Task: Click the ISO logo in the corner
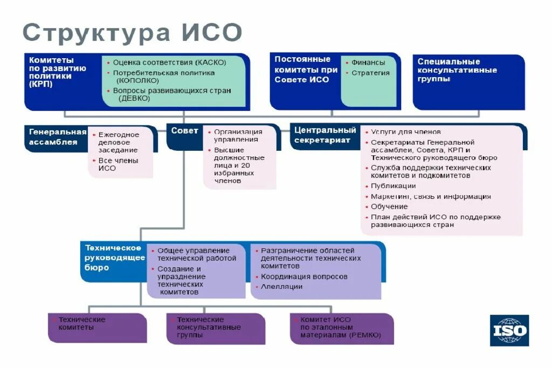[x=509, y=330]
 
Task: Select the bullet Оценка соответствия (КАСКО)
[x=169, y=63]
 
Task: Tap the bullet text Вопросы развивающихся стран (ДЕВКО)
[x=171, y=94]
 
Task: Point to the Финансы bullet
[x=368, y=63]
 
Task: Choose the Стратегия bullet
[x=370, y=73]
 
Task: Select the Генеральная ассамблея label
[x=57, y=137]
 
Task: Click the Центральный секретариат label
[x=325, y=135]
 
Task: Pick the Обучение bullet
[x=389, y=207]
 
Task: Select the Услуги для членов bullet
[x=405, y=131]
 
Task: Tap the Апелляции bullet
[x=281, y=287]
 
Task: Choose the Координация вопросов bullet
[x=304, y=276]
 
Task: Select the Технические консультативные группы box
[x=215, y=328]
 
